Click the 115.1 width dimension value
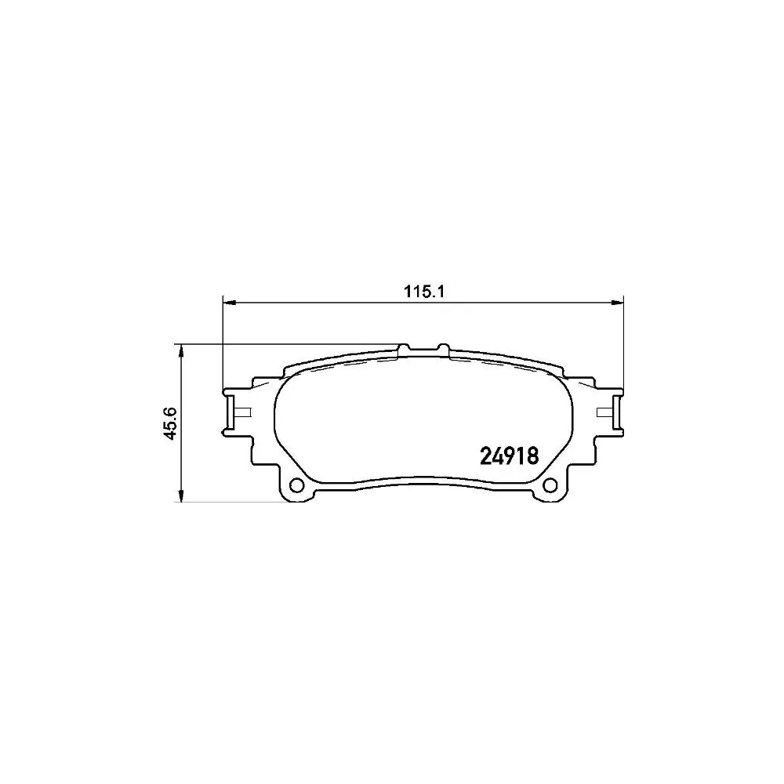[x=424, y=292]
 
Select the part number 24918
[x=508, y=456]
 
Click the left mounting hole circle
[x=297, y=485]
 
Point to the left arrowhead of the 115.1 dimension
[x=229, y=302]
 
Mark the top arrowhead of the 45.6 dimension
[x=182, y=349]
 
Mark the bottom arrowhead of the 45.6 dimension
[x=182, y=499]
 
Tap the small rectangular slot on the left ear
[x=242, y=412]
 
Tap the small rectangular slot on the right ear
[x=604, y=412]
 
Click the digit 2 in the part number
[x=485, y=456]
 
